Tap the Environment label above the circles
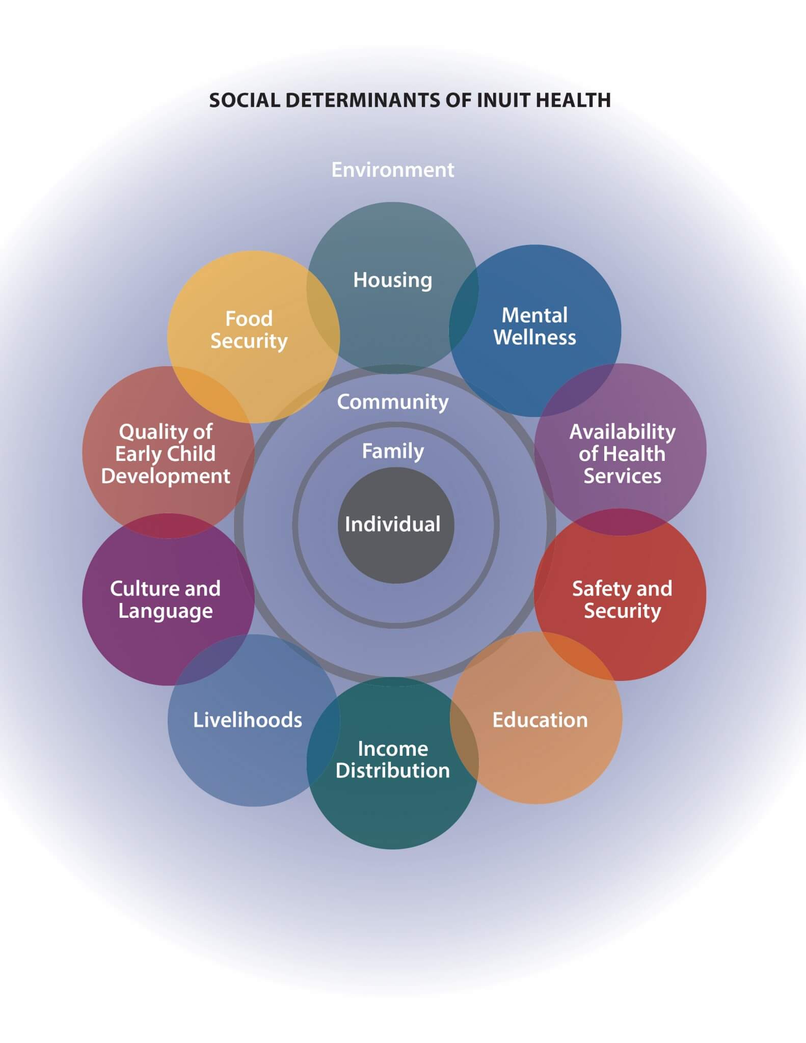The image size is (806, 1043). (392, 170)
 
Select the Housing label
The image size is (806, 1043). (392, 280)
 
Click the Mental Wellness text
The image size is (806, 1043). (534, 326)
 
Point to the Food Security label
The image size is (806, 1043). (249, 330)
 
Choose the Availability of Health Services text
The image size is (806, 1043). (622, 453)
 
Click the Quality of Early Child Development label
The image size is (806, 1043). (166, 453)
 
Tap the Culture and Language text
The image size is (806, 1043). (166, 599)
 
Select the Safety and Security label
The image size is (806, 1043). (622, 599)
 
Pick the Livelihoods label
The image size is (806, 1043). (248, 720)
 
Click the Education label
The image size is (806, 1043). (540, 720)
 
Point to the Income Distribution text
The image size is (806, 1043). (392, 759)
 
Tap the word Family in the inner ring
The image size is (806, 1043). (392, 451)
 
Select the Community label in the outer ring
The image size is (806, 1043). (392, 402)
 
